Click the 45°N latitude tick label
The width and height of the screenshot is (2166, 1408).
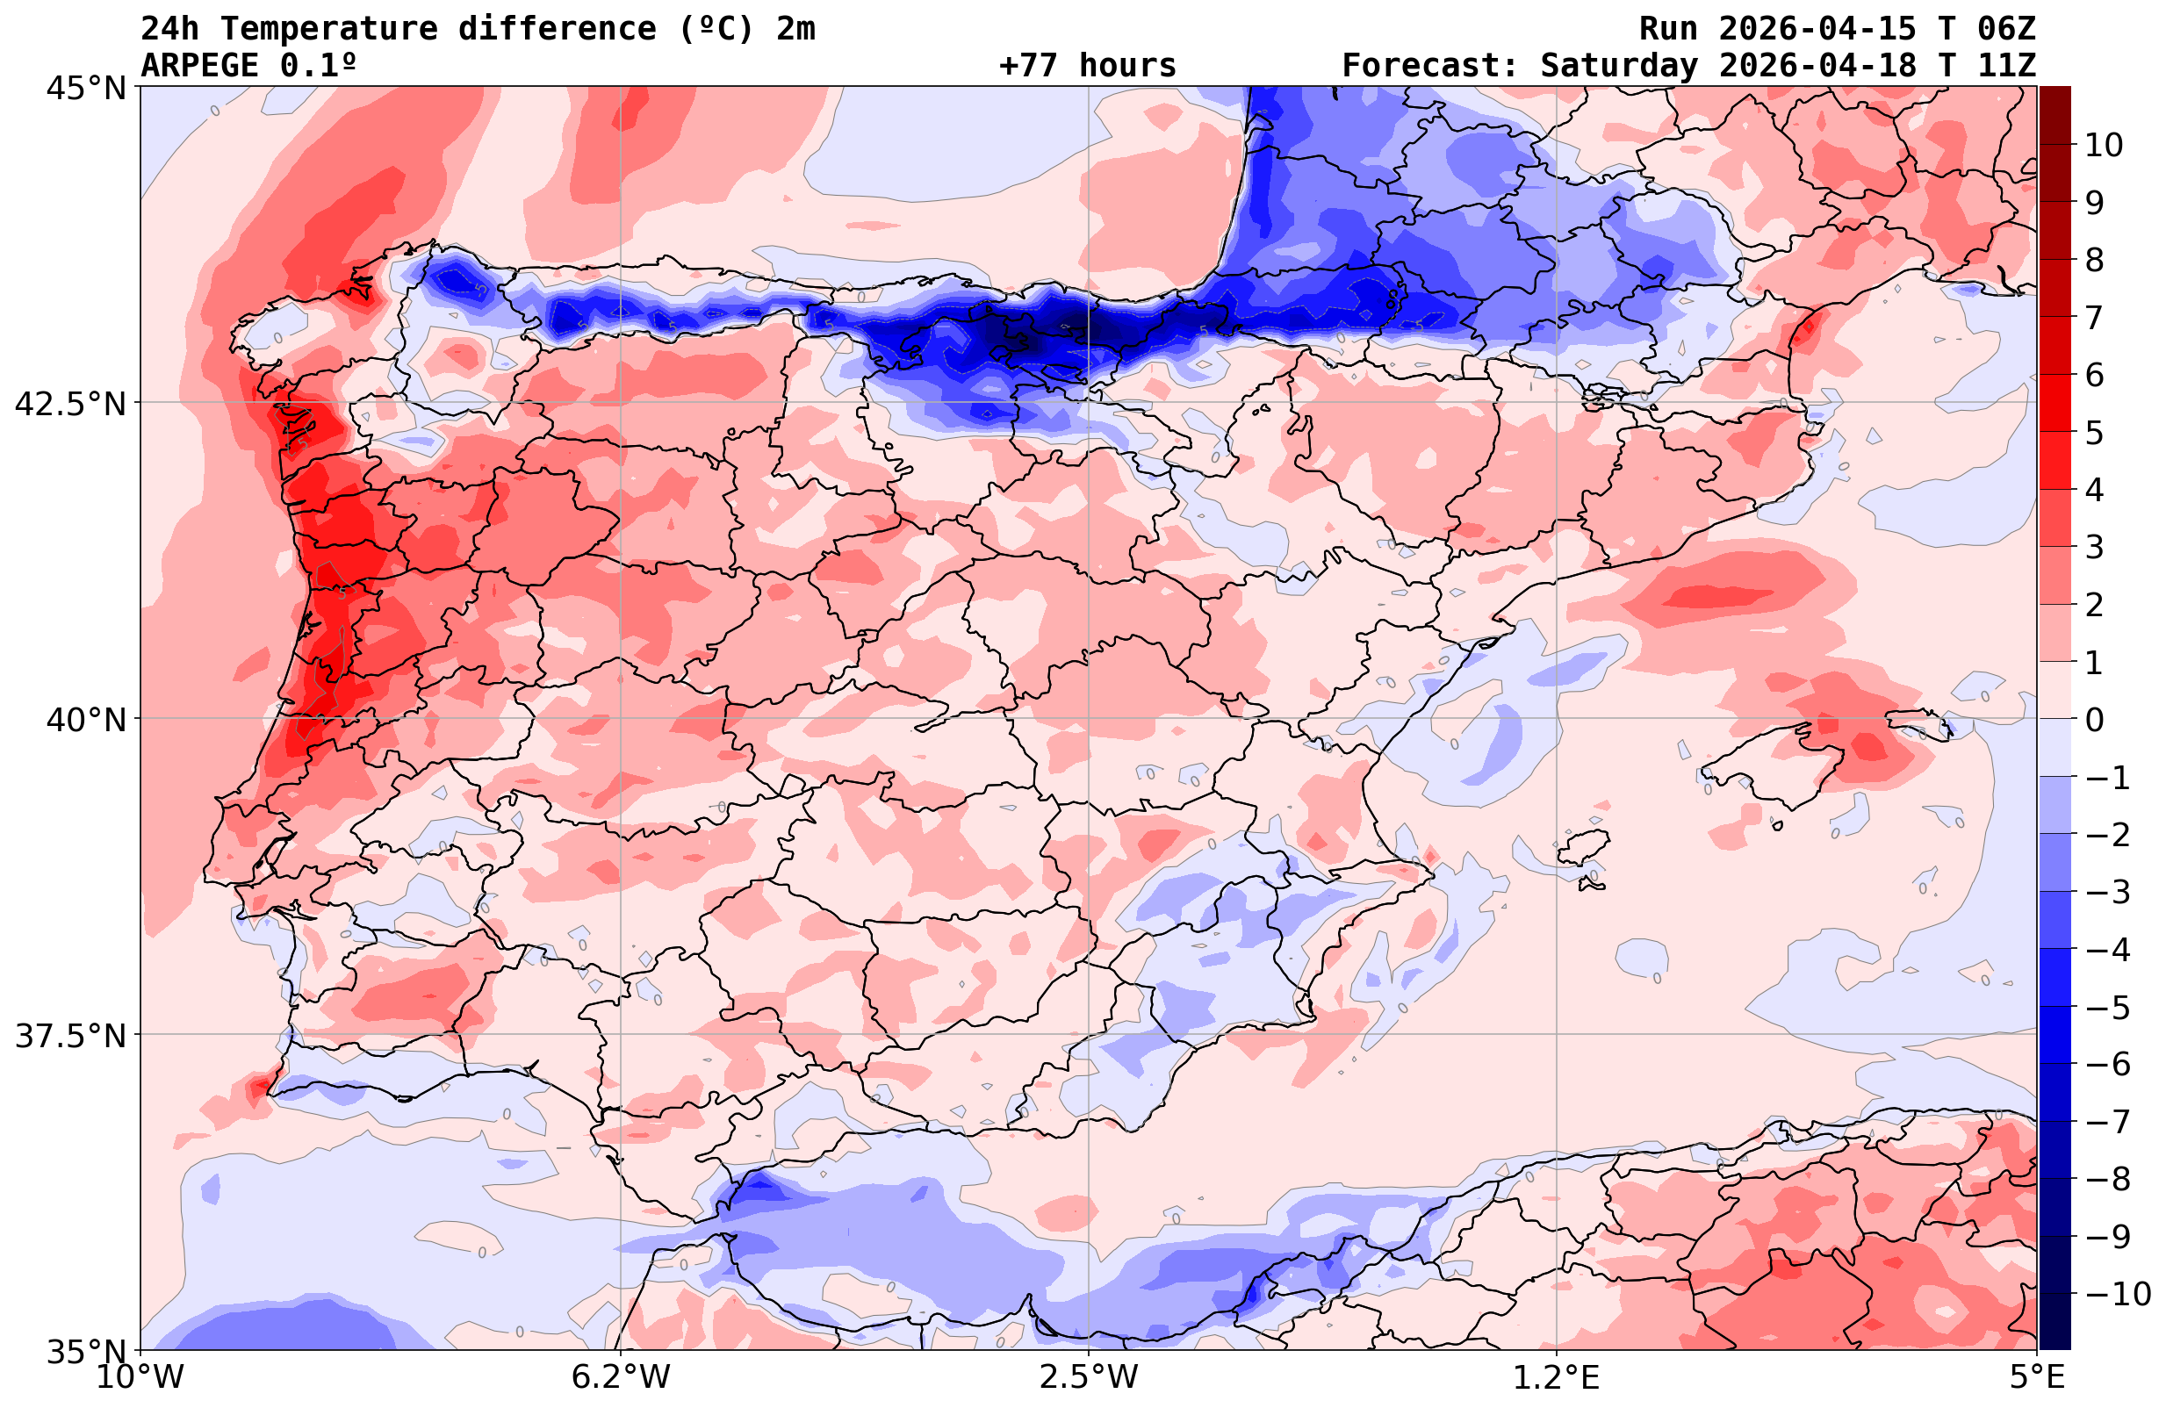pos(84,89)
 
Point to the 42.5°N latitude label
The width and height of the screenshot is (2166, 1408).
pos(69,403)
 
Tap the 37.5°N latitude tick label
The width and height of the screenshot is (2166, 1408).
pos(69,1036)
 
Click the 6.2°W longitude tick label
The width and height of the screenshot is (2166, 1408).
pos(620,1377)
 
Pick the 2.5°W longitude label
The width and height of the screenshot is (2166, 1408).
pos(1089,1377)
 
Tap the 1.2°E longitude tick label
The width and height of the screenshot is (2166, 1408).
pos(1557,1377)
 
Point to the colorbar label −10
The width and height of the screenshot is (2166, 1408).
pos(2117,1293)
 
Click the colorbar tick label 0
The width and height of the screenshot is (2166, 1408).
pos(2094,720)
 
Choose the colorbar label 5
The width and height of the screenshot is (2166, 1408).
pos(2094,433)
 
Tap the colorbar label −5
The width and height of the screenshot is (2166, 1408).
pos(2107,1008)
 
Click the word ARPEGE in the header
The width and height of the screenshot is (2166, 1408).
pos(199,66)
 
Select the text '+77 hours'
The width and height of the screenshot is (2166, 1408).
pos(1087,66)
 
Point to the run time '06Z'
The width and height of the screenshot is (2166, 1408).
pos(2006,29)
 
